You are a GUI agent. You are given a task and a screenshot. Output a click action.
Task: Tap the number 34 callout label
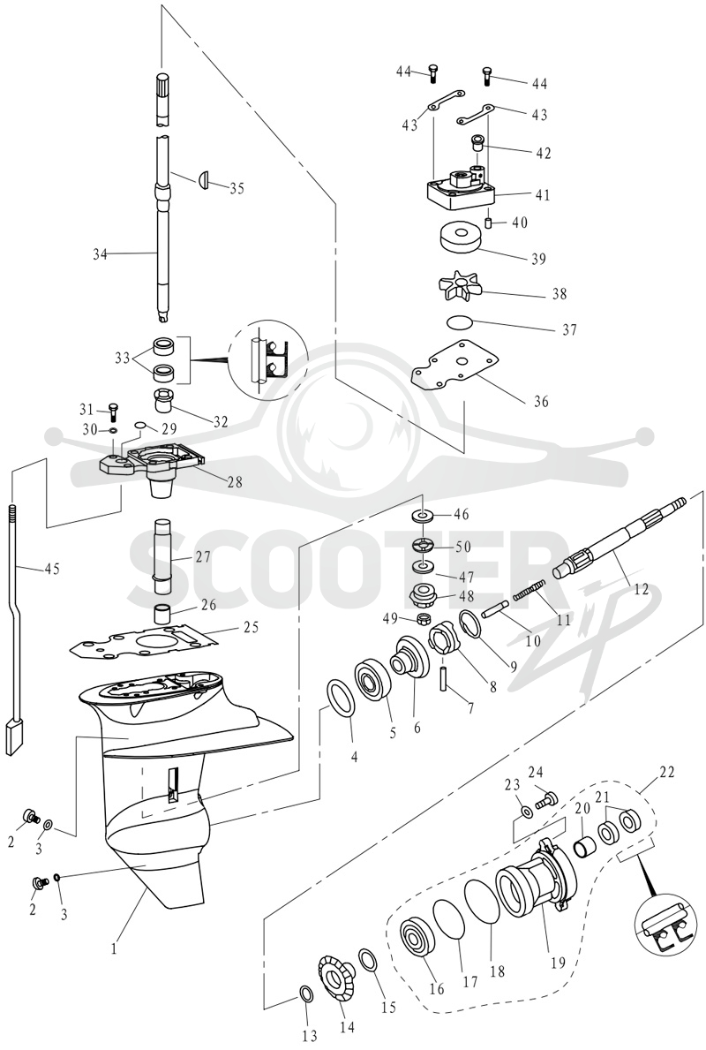[100, 254]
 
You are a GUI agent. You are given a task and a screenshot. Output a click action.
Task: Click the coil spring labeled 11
[529, 590]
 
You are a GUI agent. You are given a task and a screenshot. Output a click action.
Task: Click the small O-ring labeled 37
[461, 321]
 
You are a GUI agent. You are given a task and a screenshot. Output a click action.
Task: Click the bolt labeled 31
[112, 412]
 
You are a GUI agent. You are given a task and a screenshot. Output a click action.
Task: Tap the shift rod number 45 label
[51, 569]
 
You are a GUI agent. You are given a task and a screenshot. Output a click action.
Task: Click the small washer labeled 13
[306, 994]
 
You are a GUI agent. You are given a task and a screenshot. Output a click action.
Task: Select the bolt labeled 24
[548, 799]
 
